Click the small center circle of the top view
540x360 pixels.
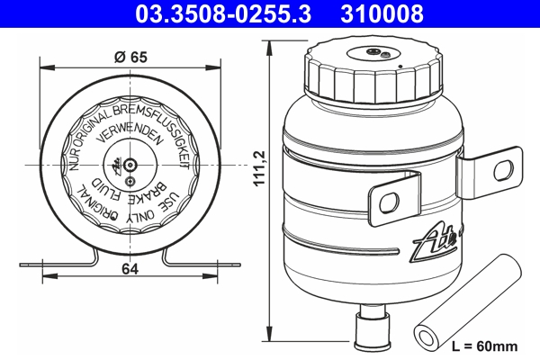click(130, 165)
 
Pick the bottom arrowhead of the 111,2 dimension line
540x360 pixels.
click(272, 344)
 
